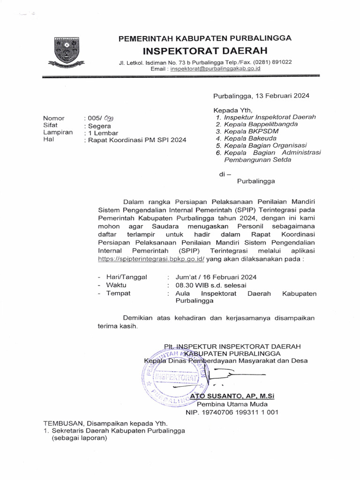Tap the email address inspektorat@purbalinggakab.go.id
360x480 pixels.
(x=216, y=68)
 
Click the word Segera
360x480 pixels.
(x=97, y=126)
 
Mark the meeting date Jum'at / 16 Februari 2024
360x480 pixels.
(x=216, y=277)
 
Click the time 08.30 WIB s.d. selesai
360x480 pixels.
(x=211, y=285)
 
